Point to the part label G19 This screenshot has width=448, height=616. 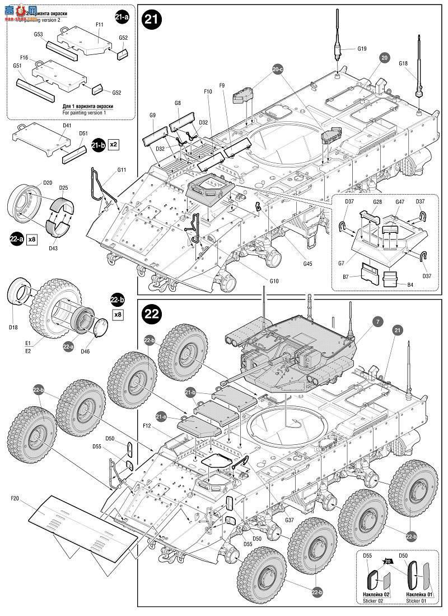click(x=362, y=49)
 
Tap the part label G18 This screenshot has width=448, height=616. click(x=403, y=64)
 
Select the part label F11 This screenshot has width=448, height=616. click(x=100, y=25)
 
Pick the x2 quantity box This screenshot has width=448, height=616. click(x=113, y=144)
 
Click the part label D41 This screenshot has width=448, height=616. click(x=67, y=126)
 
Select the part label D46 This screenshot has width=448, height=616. click(x=86, y=351)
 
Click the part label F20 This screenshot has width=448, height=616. click(x=15, y=498)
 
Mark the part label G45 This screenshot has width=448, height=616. click(x=308, y=264)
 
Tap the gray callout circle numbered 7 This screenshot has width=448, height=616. click(x=378, y=321)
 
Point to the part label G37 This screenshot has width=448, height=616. click(x=290, y=520)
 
